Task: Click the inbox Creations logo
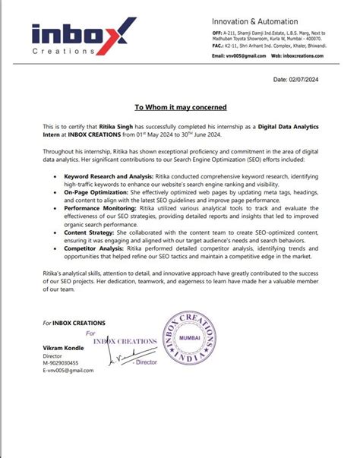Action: pos(84,38)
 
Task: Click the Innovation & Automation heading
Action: pos(251,21)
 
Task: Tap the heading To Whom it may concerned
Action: pos(180,107)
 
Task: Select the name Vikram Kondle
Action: pos(63,347)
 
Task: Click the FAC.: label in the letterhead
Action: pos(219,46)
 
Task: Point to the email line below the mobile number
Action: pos(61,370)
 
